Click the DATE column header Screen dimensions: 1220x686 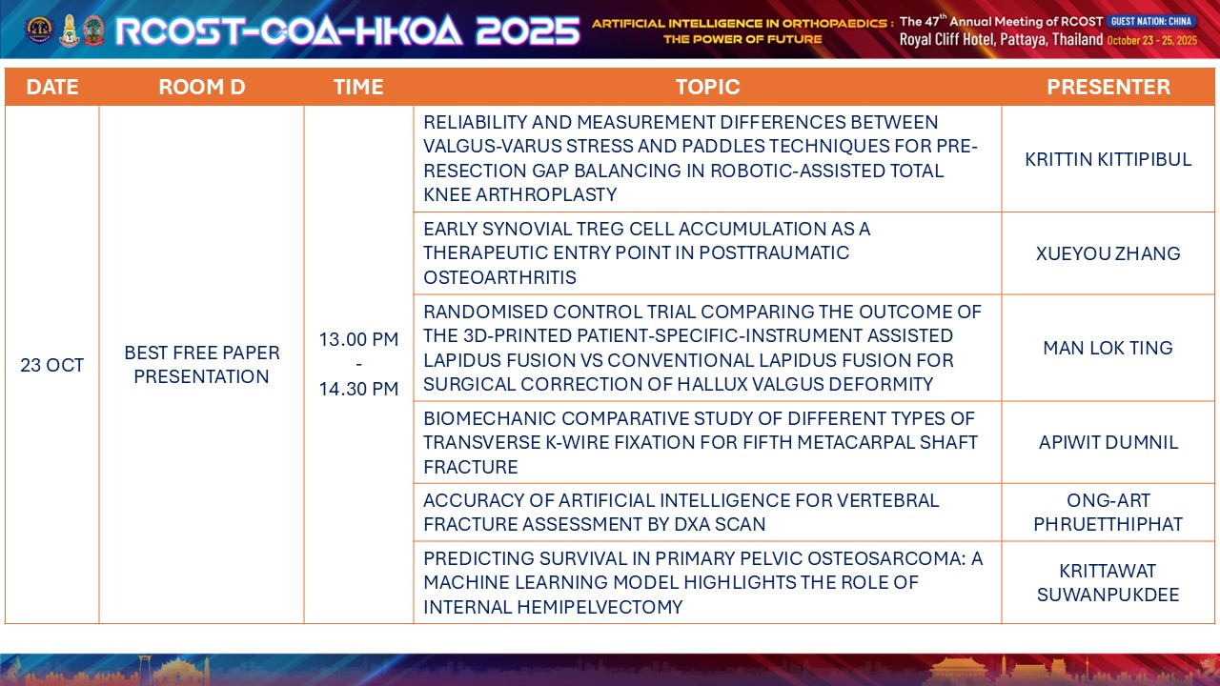[52, 87]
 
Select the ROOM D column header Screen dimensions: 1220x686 [201, 87]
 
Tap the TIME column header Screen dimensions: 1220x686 [358, 87]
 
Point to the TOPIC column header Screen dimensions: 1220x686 [707, 87]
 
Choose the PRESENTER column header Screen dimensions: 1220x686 [1108, 87]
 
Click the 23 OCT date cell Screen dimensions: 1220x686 [52, 365]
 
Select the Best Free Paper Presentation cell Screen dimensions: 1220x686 [201, 364]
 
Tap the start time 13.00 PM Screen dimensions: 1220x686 [358, 339]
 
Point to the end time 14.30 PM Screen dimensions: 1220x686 [358, 389]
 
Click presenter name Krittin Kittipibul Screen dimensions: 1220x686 [1108, 159]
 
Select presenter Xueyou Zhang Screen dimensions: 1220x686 [1108, 253]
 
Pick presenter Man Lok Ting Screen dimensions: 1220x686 [1108, 348]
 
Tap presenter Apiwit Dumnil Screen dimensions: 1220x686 [1108, 442]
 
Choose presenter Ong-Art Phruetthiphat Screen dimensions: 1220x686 [1108, 512]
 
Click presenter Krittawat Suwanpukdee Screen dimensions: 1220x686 [1108, 582]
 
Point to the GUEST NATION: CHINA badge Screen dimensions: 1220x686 [1151, 21]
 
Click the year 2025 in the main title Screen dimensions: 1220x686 [527, 30]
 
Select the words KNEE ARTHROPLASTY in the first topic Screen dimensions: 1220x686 [520, 194]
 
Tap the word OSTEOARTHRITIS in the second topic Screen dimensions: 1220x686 [500, 277]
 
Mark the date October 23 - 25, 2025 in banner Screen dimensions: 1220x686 [1152, 40]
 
